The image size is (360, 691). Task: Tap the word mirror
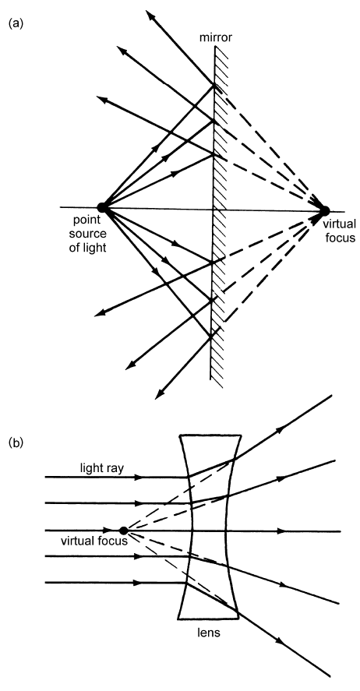coord(216,37)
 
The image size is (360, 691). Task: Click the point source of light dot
coord(102,206)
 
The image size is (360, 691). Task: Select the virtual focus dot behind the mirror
coord(325,210)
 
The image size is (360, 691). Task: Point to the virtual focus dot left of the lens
coord(124,531)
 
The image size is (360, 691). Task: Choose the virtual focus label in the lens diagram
coord(94,541)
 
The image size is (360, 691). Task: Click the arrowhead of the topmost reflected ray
coord(151,16)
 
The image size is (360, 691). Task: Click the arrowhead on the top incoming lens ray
coord(139,477)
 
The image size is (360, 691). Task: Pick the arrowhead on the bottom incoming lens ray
coord(139,583)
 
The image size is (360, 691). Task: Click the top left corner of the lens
coord(179,435)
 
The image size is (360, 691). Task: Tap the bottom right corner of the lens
coord(238,618)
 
